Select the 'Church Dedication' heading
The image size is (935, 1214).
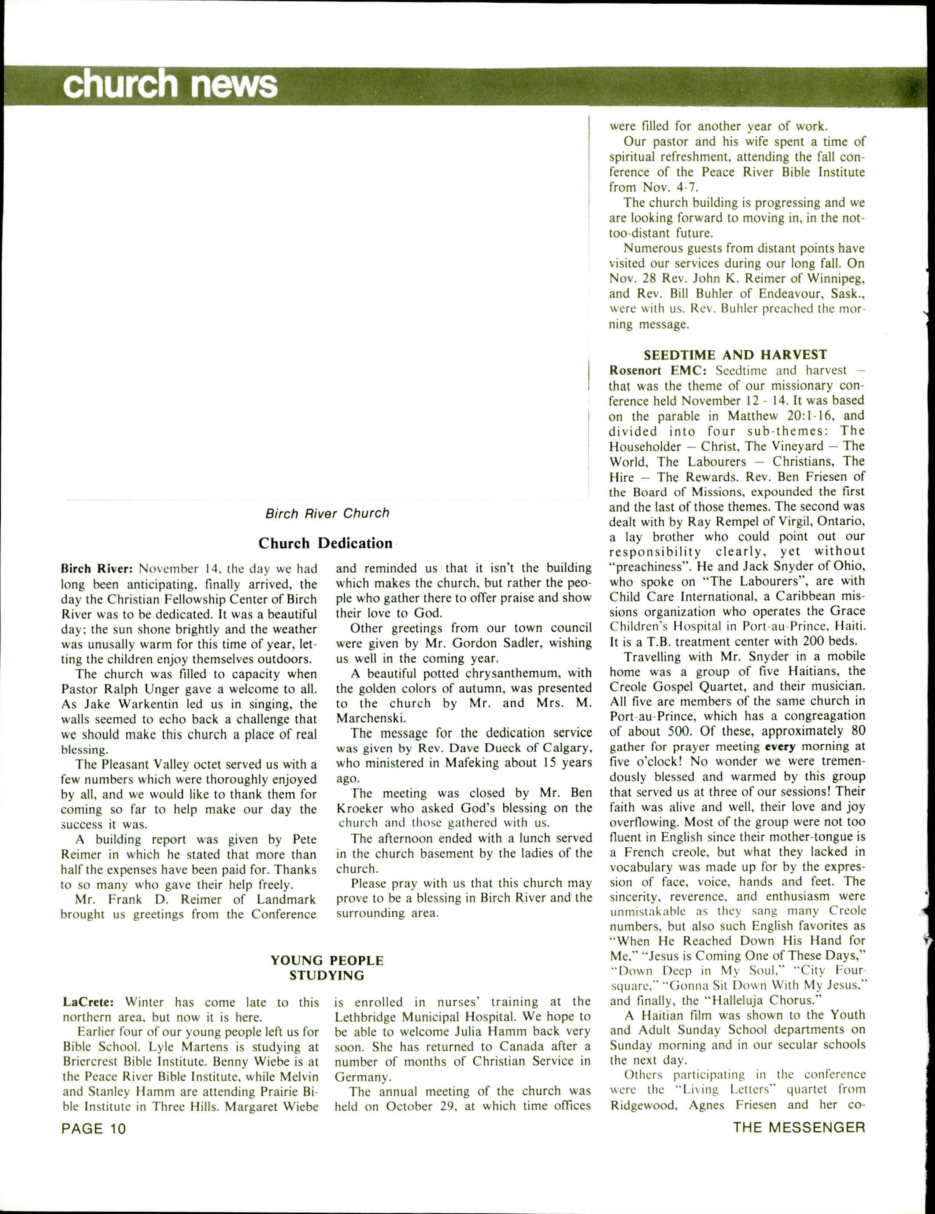tap(326, 543)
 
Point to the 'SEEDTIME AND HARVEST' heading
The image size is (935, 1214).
tap(735, 355)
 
